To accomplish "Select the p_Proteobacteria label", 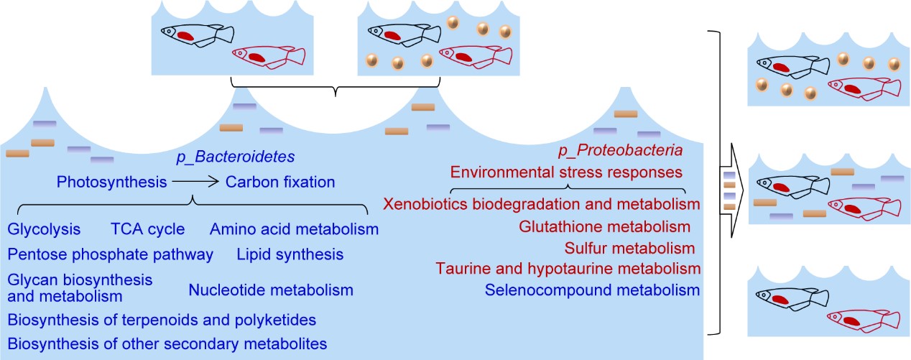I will (620, 152).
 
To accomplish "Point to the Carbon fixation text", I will (280, 182).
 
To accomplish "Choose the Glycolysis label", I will (44, 230).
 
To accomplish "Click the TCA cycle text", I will (147, 230).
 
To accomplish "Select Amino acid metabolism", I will (294, 230).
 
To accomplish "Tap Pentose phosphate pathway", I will (111, 254).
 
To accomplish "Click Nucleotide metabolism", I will (271, 290).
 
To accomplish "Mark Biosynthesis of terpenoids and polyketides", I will (162, 318).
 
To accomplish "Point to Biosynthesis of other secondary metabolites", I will (167, 343).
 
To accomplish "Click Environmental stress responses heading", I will (565, 172).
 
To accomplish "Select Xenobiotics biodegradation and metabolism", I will (541, 204).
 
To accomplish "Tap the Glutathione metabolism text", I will (604, 227).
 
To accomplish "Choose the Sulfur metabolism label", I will (629, 249).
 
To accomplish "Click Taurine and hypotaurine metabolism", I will (568, 269).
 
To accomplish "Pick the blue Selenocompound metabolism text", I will (592, 290).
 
